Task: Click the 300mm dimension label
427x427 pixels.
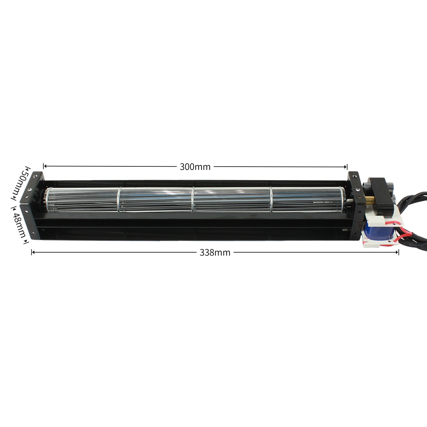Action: [x=195, y=167]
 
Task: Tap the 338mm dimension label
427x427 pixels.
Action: [x=215, y=253]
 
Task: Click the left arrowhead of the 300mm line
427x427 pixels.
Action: [x=45, y=166]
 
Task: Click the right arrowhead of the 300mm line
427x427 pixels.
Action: [x=346, y=167]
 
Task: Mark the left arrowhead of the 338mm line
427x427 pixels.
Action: [x=33, y=252]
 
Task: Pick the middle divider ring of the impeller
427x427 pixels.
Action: [x=193, y=199]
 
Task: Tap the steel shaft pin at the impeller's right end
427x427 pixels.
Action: [x=350, y=203]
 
